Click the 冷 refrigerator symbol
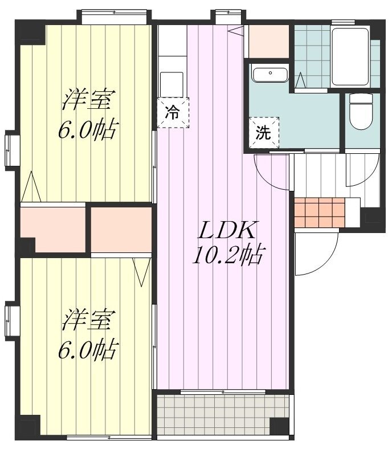click(173, 113)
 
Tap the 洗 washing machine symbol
click(263, 133)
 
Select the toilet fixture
click(361, 112)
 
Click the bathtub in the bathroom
click(350, 56)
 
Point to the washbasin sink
click(269, 75)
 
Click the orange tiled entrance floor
click(320, 213)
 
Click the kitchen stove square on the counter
click(171, 84)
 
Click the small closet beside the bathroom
click(268, 41)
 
